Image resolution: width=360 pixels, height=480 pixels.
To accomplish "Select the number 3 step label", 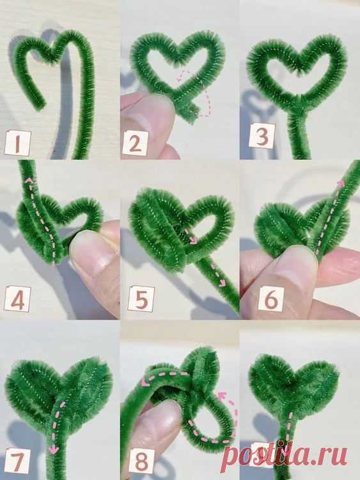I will [259, 135].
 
